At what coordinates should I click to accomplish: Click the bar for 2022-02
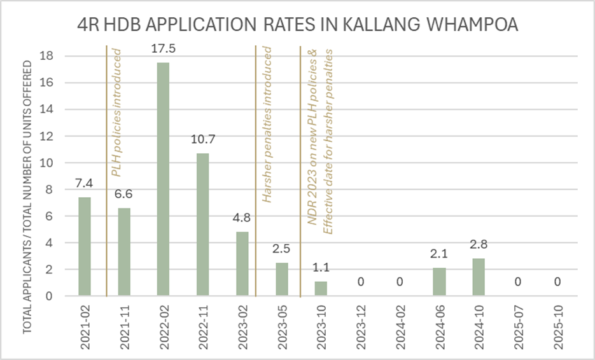(164, 179)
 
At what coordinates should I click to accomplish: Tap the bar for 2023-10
(321, 288)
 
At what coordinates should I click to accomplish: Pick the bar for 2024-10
(479, 277)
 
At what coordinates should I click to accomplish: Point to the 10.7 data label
(203, 140)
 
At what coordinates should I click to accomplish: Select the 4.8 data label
(242, 218)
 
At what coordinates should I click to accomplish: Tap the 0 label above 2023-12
(360, 282)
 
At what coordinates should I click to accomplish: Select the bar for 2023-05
(282, 279)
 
